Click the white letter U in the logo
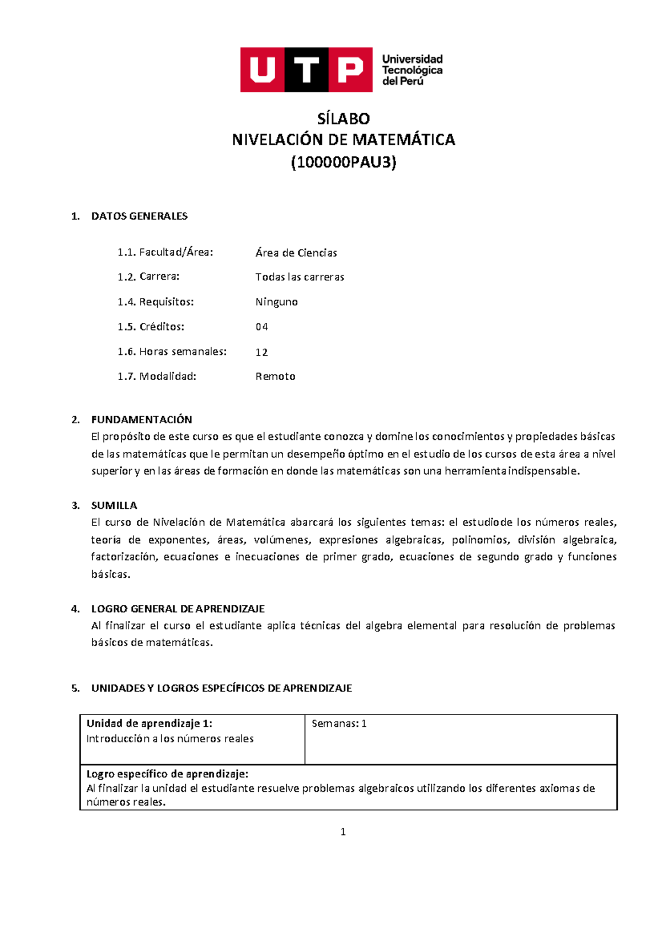click(x=262, y=70)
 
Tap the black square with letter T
click(x=306, y=70)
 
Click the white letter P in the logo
click(x=350, y=70)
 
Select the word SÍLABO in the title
click(x=343, y=119)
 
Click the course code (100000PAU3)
click(x=343, y=162)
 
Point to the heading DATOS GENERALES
click(x=139, y=216)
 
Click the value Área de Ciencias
click(x=296, y=253)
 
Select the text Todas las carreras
click(x=300, y=277)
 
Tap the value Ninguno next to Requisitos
click(x=276, y=302)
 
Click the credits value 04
click(x=261, y=327)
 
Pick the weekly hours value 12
click(x=261, y=352)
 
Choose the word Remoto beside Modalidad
click(x=275, y=376)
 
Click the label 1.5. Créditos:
click(x=151, y=327)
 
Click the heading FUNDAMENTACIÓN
click(x=141, y=419)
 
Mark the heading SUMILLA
click(x=114, y=505)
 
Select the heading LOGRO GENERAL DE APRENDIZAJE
click(x=178, y=609)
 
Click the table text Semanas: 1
click(x=339, y=723)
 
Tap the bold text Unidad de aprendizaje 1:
click(x=149, y=723)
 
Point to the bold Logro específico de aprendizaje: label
click(x=167, y=774)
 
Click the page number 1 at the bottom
click(x=343, y=832)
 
